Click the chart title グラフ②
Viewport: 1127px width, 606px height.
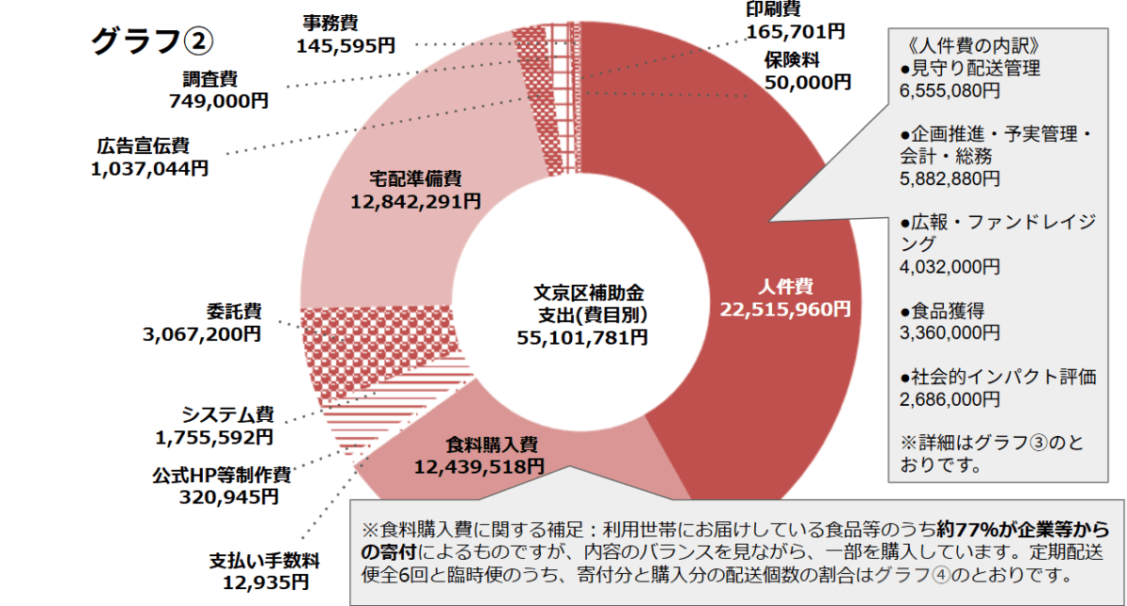coord(153,40)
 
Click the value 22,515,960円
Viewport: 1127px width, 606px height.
coord(785,308)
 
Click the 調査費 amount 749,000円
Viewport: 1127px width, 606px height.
coord(219,101)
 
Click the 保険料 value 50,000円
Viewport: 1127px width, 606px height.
coord(808,82)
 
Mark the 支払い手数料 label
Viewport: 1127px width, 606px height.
coord(265,562)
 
